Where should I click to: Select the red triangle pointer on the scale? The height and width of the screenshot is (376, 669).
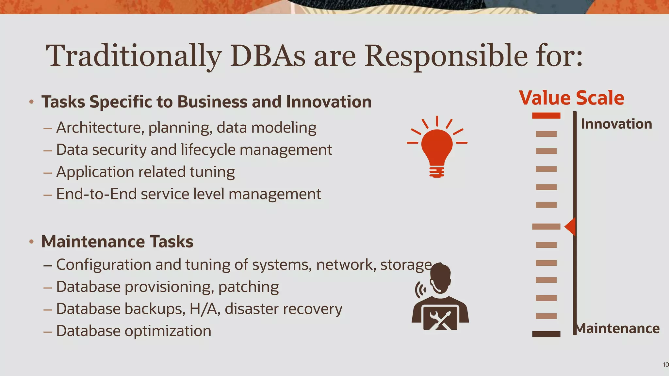click(x=570, y=226)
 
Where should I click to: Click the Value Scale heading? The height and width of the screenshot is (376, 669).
click(x=571, y=98)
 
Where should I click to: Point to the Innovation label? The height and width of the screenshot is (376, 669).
click(x=616, y=124)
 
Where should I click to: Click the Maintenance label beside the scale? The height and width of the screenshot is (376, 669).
click(x=617, y=328)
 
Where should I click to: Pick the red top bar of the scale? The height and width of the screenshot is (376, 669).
click(x=546, y=116)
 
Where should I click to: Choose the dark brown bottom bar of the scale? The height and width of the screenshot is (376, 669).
click(x=546, y=334)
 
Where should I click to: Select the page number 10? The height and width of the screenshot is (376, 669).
click(x=665, y=365)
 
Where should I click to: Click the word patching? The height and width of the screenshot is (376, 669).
click(x=248, y=287)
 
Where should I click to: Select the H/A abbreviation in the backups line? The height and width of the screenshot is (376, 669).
click(x=203, y=309)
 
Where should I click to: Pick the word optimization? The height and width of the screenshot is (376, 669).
click(x=168, y=331)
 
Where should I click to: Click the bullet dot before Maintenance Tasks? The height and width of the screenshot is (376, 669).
click(x=31, y=242)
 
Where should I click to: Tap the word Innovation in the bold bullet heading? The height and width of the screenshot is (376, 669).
click(x=329, y=102)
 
